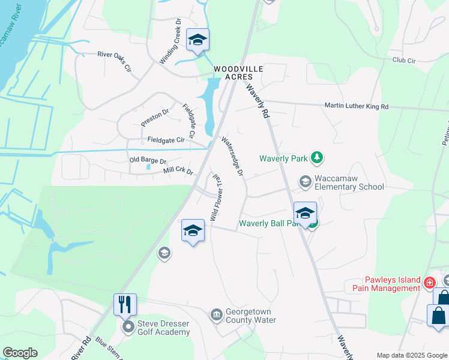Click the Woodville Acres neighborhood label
click(239, 74)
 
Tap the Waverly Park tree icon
click(317, 158)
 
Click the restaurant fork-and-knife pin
click(125, 304)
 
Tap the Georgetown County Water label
click(250, 316)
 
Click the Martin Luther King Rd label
click(357, 106)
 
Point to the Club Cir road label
click(404, 61)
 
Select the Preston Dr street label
click(155, 116)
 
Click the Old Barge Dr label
click(148, 160)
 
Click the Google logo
click(20, 353)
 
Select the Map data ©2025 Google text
click(412, 355)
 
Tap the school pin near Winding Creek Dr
click(197, 40)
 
